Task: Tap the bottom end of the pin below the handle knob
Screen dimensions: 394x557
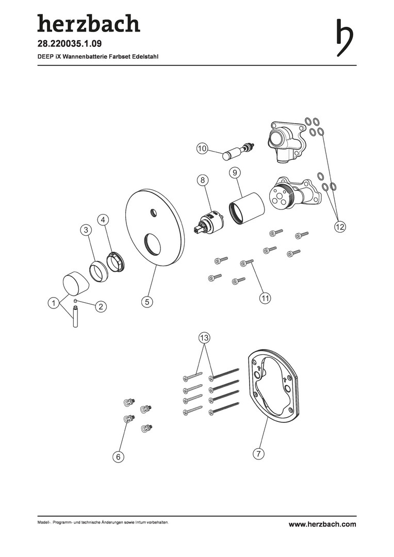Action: (75, 326)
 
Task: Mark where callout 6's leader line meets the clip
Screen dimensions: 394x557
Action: (127, 420)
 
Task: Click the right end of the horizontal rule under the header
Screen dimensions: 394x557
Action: (356, 65)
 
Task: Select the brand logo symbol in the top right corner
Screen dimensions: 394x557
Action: (344, 37)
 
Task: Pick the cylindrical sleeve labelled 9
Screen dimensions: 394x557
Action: (246, 208)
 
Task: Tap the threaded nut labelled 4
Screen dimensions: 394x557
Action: (117, 262)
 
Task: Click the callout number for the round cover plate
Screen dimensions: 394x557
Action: (147, 302)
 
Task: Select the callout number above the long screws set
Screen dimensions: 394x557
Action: (204, 337)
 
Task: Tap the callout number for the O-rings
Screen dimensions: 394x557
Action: (340, 226)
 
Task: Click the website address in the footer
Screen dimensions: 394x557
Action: (322, 525)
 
